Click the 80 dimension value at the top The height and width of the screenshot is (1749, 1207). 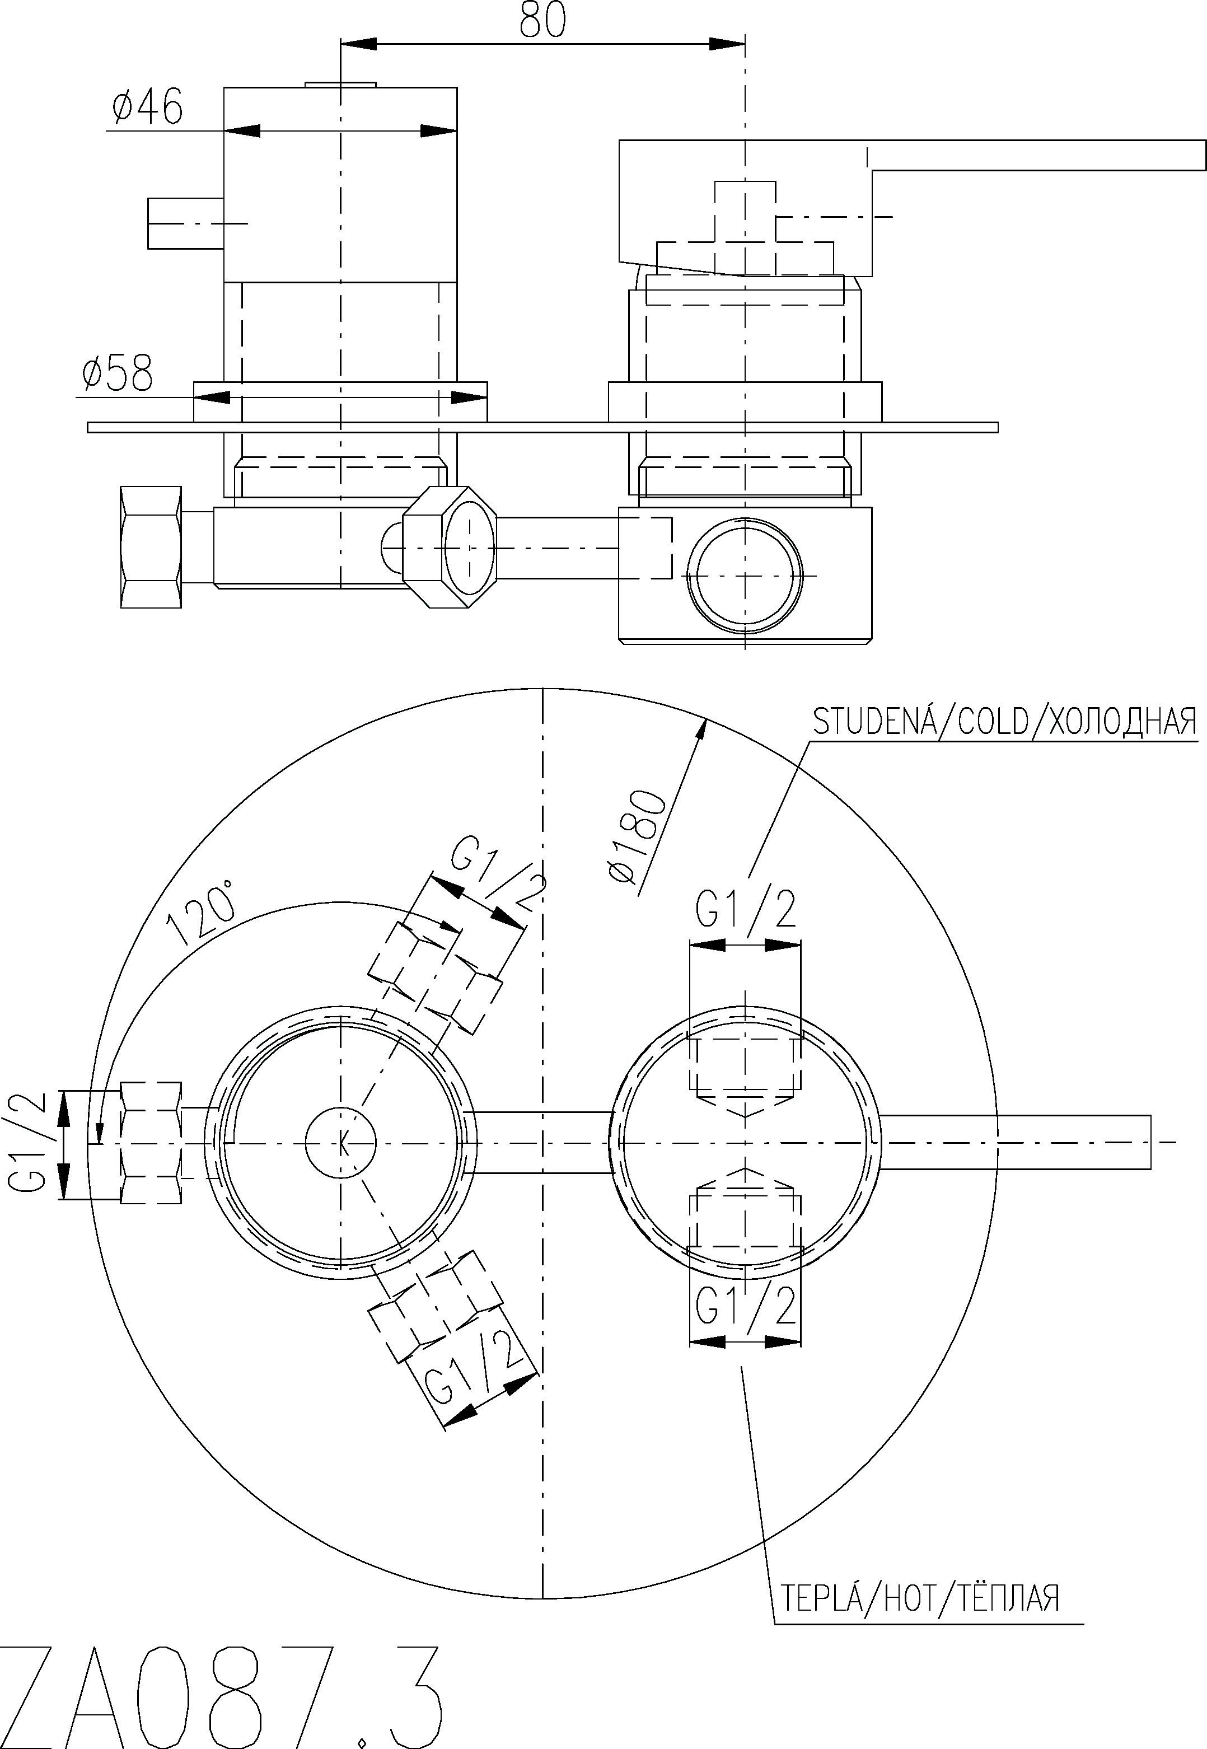542,20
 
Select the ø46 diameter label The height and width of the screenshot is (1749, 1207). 147,107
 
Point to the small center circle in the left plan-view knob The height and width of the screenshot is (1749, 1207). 341,1143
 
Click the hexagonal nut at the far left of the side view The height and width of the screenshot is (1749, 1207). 151,547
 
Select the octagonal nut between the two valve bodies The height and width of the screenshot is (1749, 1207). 449,547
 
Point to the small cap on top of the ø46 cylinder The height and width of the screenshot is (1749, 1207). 340,84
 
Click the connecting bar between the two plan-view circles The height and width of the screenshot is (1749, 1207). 544,1143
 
